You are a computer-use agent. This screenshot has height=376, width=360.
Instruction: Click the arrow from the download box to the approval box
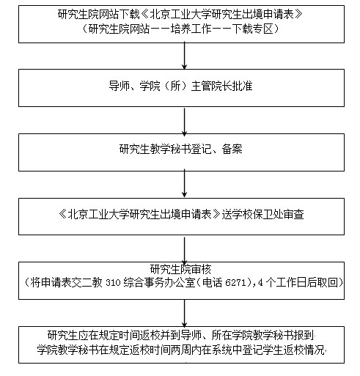tap(185, 56)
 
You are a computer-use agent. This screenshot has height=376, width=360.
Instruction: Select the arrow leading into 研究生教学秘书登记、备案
tap(185, 121)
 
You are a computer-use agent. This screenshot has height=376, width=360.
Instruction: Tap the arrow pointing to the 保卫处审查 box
tap(185, 185)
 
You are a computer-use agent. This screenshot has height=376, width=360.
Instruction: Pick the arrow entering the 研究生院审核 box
tap(185, 249)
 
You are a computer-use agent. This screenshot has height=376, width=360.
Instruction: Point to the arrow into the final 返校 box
tap(185, 313)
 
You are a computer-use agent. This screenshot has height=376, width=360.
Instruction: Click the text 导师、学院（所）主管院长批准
tap(181, 86)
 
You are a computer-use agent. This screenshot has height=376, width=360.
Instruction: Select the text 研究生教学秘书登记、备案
tap(181, 149)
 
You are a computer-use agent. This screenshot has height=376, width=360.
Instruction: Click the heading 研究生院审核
tap(180, 269)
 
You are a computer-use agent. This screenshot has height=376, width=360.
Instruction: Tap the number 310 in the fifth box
tap(113, 283)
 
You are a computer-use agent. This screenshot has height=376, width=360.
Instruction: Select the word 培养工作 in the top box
tap(191, 29)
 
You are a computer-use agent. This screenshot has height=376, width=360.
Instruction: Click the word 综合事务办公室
tap(159, 283)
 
